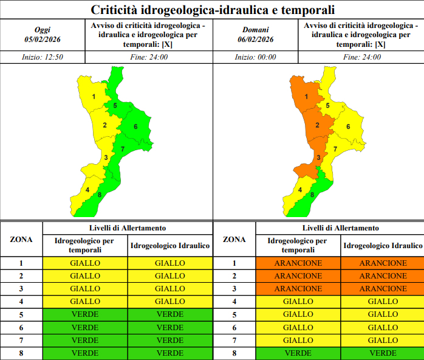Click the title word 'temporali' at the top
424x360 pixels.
(x=308, y=10)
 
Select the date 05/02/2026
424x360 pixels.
(x=43, y=40)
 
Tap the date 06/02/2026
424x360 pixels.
(x=256, y=40)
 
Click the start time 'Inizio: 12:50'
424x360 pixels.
(x=43, y=57)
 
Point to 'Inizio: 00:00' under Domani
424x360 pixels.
(x=256, y=57)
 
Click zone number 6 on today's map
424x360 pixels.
(x=135, y=126)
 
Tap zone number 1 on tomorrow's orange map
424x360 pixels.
(x=306, y=97)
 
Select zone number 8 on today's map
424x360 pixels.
(x=100, y=195)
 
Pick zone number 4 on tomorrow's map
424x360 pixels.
(x=300, y=190)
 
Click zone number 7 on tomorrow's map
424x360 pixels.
(x=335, y=149)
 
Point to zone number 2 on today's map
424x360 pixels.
(x=104, y=125)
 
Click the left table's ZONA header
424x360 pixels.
(x=21, y=240)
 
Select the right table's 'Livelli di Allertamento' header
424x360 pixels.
(x=340, y=228)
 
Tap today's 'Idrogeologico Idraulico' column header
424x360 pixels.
(x=170, y=246)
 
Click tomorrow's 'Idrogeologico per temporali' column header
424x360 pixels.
(x=298, y=245)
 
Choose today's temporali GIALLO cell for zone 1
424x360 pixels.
(x=85, y=263)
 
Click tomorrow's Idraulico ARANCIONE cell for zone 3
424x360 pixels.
(x=383, y=288)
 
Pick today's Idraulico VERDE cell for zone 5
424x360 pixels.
(x=170, y=314)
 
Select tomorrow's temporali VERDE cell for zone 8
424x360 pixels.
(x=298, y=353)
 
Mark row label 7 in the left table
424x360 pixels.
(x=21, y=341)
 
